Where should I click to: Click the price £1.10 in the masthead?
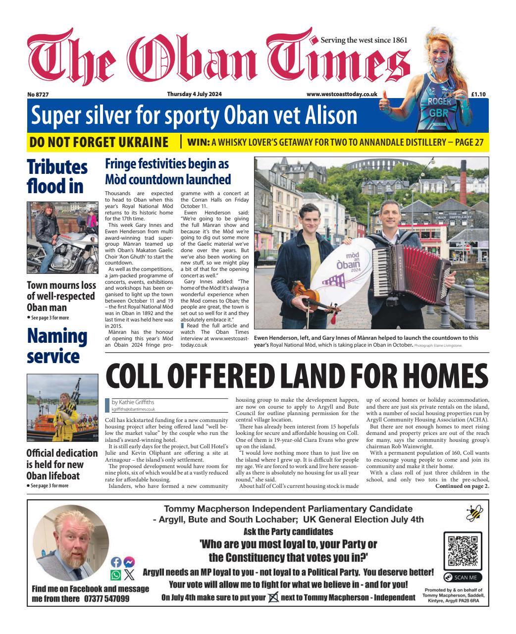coord(478,94)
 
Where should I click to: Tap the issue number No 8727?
coord(38,94)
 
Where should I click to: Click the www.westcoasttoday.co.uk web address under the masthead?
coord(342,94)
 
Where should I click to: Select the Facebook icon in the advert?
coord(116,562)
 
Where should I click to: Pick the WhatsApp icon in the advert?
coord(116,575)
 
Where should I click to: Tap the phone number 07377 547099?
coord(106,598)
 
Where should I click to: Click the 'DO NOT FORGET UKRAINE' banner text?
coord(99,142)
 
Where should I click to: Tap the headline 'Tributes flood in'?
coord(57,176)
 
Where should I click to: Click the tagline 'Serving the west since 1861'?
coord(364,40)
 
